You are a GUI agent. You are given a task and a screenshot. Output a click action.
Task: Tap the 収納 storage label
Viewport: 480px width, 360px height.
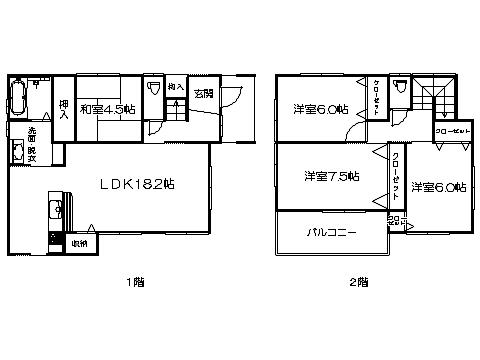(79, 243)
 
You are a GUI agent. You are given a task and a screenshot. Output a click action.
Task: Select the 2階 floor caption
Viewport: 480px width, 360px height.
(358, 282)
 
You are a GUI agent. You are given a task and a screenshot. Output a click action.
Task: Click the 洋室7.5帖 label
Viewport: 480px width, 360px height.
(331, 177)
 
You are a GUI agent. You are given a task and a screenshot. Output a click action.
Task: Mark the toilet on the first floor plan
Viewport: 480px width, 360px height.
(153, 90)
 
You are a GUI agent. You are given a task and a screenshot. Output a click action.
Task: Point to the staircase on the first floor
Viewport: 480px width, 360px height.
(174, 108)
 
